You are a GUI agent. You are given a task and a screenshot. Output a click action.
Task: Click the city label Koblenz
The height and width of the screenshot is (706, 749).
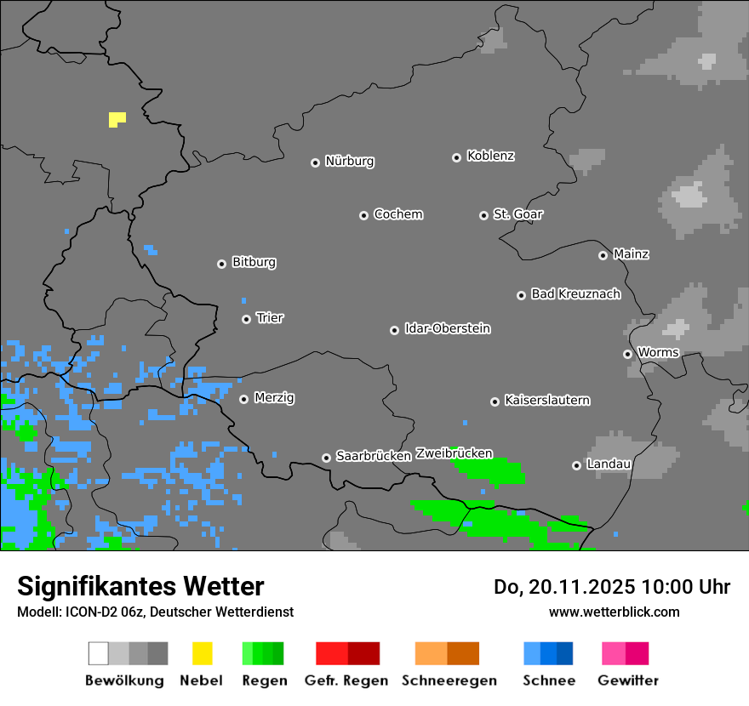490,156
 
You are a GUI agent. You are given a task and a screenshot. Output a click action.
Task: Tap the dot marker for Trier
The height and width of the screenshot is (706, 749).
247,319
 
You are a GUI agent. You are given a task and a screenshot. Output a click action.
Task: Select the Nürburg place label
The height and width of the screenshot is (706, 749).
349,161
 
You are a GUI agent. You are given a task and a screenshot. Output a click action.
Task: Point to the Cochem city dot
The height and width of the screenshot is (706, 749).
363,215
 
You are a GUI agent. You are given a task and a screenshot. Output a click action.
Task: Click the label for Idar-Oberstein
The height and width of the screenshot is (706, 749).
447,328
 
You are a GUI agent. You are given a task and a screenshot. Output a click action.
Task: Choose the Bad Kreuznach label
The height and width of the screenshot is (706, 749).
575,293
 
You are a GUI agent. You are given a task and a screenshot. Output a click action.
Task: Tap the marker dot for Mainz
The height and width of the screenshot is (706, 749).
603,255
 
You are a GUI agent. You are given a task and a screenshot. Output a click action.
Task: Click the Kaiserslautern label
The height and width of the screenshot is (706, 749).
546,400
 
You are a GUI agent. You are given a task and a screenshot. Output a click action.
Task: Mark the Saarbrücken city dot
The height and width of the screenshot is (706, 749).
326,458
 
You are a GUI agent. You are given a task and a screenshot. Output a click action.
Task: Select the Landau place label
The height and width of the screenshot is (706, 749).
609,464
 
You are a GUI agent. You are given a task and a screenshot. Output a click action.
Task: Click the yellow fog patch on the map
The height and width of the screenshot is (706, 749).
117,119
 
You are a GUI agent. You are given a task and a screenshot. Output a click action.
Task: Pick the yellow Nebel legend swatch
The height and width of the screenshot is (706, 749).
202,653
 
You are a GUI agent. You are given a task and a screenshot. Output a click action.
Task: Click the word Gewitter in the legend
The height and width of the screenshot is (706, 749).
627,680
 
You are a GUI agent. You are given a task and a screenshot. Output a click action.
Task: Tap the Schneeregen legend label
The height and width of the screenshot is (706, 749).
449,680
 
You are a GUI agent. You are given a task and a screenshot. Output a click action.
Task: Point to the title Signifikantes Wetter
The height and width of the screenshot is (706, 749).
140,586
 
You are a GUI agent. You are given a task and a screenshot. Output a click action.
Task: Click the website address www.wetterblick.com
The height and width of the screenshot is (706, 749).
614,612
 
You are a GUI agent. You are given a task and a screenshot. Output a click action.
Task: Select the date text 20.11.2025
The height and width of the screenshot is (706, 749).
582,587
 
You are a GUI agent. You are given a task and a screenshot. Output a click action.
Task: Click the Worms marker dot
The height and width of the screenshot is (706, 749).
627,354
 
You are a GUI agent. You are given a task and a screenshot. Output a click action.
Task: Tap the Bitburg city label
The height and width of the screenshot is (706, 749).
254,262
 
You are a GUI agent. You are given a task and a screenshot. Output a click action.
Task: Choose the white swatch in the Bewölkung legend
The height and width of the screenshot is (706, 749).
99,653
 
